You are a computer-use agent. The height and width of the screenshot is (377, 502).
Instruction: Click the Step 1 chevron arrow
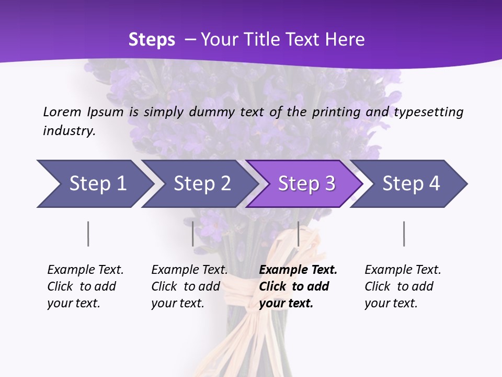97,184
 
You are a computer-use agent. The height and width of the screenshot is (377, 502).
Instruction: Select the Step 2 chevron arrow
201,184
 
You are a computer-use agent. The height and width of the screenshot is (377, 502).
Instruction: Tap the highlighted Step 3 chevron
306,184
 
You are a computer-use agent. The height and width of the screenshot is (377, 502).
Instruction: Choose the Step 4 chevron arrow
410,184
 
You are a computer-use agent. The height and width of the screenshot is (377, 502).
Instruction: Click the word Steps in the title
152,39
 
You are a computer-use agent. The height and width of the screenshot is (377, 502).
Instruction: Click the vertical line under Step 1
88,234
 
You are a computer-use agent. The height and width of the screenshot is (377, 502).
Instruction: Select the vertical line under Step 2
193,234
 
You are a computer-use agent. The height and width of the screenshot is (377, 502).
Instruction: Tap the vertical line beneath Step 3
298,234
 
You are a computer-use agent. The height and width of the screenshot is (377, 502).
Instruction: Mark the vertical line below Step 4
404,234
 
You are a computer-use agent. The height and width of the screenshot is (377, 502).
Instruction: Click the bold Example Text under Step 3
298,270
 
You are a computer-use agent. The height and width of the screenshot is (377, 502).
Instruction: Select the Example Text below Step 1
85,270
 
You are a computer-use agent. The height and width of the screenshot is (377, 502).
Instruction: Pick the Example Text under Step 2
189,270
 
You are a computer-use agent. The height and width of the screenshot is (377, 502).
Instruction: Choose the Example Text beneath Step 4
403,270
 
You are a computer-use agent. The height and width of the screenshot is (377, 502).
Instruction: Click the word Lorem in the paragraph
62,112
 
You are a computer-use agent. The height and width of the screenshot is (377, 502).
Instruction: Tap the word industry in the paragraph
69,131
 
